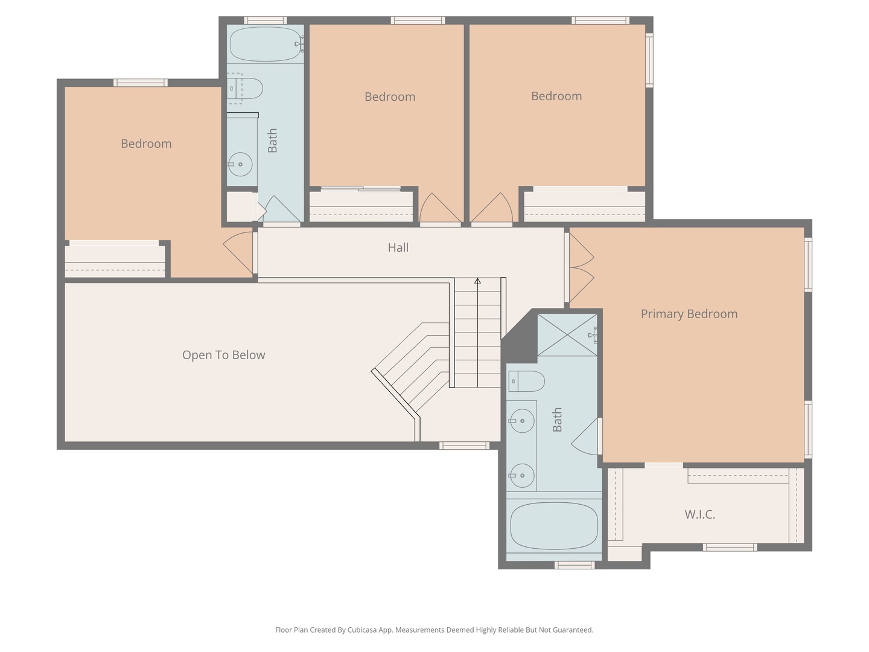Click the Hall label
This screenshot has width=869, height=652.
(x=398, y=248)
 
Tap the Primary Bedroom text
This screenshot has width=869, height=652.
(x=689, y=314)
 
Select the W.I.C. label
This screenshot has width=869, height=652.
(x=699, y=514)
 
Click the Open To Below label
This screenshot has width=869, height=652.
(x=223, y=355)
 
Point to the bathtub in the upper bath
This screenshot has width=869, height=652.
(x=265, y=44)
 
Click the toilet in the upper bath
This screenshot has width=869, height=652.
(x=246, y=89)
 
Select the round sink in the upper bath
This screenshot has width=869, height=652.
(x=240, y=164)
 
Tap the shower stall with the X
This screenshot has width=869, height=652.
(x=567, y=335)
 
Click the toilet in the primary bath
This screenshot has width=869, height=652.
(x=526, y=382)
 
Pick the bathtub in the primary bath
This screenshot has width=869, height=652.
(x=553, y=526)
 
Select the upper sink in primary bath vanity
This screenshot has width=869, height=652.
(x=521, y=421)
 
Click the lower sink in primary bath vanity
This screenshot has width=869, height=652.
(x=521, y=476)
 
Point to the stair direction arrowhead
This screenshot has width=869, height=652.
(x=477, y=281)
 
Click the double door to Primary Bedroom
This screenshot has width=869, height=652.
(x=581, y=267)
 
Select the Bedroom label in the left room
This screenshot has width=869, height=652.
(x=146, y=144)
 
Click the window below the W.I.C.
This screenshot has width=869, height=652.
(x=729, y=548)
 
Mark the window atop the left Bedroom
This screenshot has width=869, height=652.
(x=141, y=83)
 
